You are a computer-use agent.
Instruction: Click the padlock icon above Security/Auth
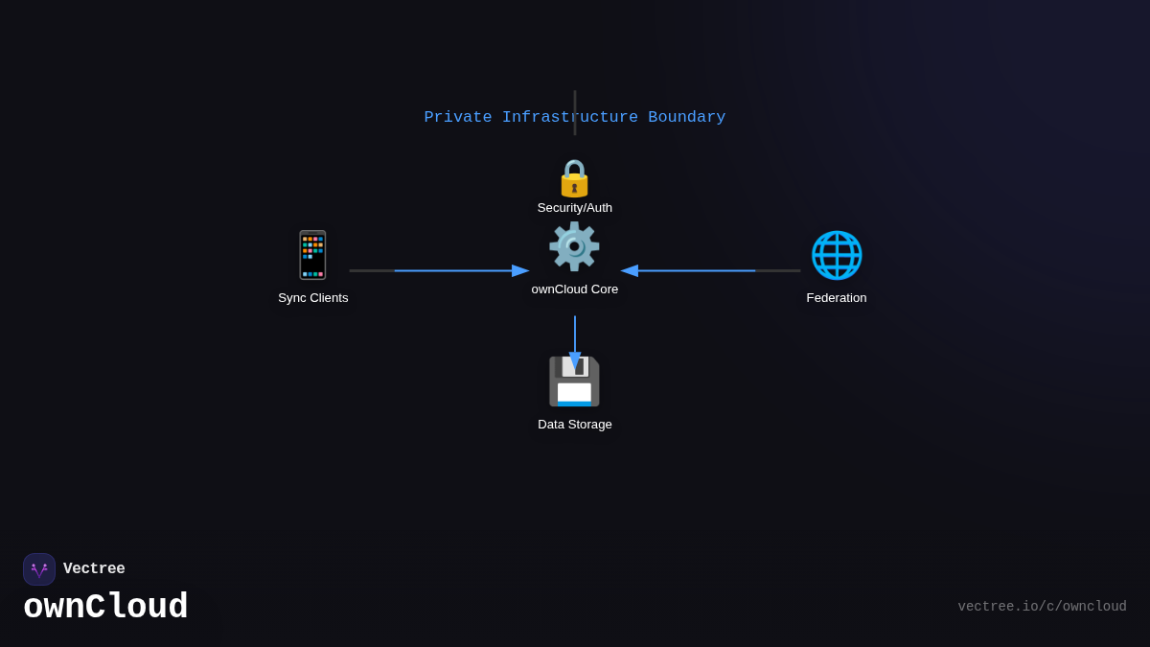574,178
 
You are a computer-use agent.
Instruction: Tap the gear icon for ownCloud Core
574,246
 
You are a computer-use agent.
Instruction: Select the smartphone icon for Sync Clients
312,255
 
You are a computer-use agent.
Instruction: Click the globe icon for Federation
837,255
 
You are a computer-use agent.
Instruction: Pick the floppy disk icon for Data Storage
574,381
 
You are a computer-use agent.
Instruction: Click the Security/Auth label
575,208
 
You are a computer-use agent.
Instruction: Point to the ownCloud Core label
575,289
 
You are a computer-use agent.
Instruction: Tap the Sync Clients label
313,298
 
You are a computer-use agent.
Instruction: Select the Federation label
837,298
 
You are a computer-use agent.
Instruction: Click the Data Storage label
575,425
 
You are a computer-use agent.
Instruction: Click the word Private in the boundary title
458,118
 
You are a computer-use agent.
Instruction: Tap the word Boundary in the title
686,118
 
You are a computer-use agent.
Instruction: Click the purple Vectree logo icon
39,569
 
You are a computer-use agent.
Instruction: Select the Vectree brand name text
94,569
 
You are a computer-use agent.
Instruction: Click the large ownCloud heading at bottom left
105,608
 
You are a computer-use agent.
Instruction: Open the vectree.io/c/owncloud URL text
1042,607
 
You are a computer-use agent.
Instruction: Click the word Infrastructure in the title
570,118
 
